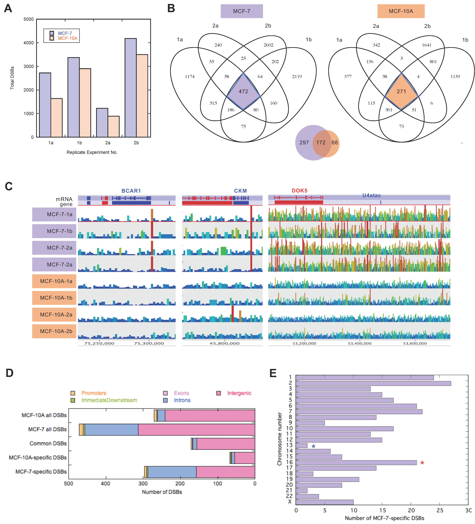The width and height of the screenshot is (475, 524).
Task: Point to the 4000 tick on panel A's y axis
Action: pyautogui.click(x=29, y=43)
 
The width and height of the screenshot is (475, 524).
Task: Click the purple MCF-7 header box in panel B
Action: pyautogui.click(x=241, y=11)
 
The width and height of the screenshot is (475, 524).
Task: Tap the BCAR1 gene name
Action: pyautogui.click(x=131, y=191)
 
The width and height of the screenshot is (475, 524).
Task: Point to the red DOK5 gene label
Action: pyautogui.click(x=299, y=191)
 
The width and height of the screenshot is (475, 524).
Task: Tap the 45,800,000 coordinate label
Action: pyautogui.click(x=224, y=343)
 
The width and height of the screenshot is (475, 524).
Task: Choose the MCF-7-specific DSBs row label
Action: pyautogui.click(x=41, y=472)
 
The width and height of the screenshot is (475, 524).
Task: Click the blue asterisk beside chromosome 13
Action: pyautogui.click(x=313, y=447)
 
